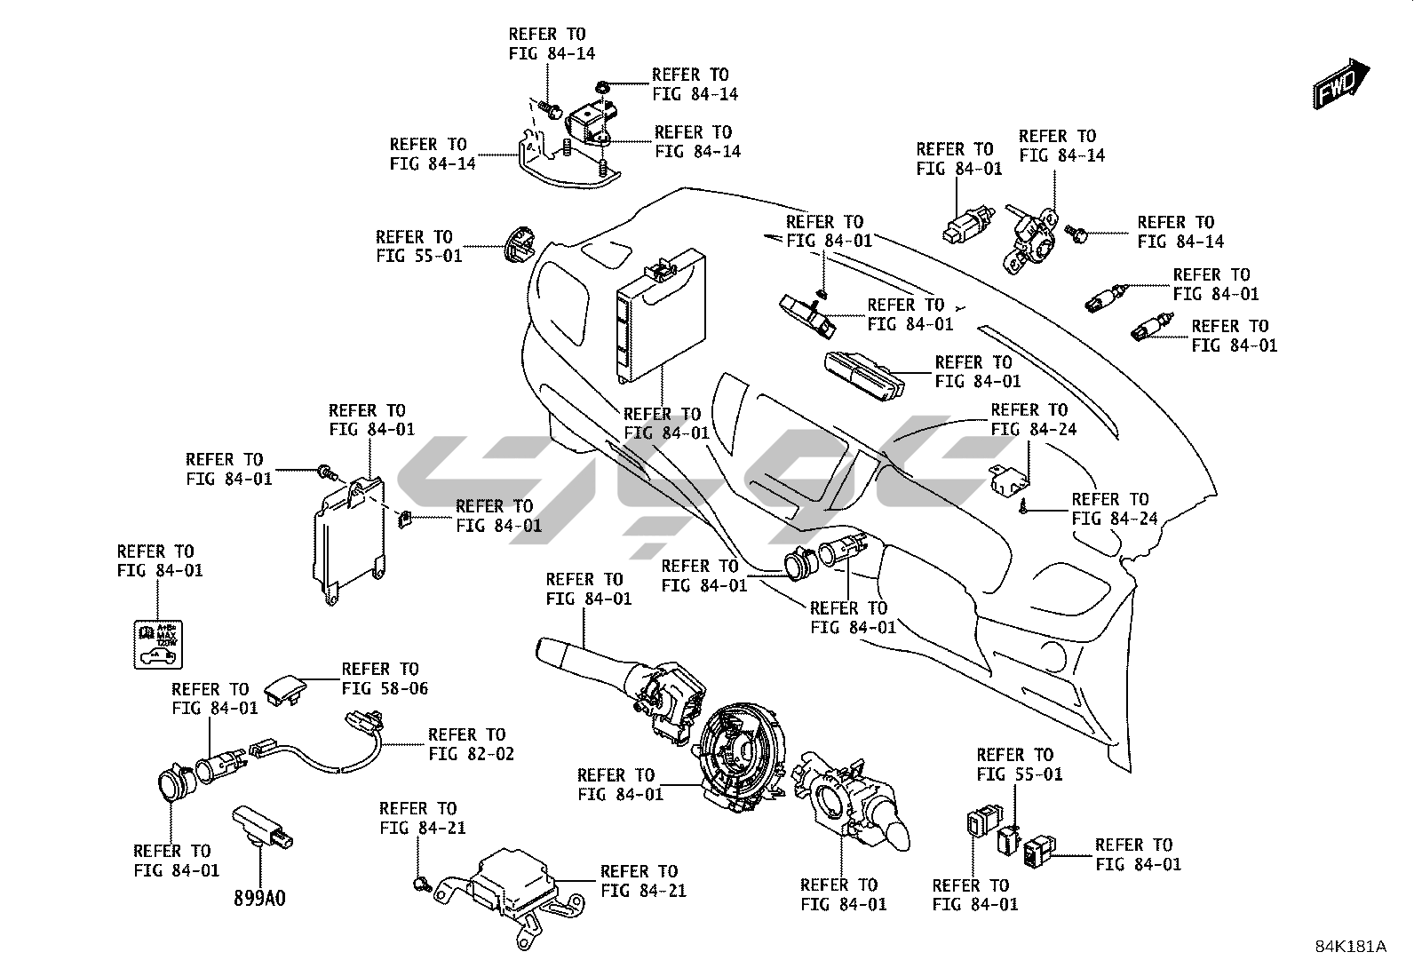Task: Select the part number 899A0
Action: [259, 897]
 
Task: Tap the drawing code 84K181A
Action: [1350, 947]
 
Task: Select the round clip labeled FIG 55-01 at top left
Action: [515, 243]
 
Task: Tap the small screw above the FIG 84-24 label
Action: [1024, 506]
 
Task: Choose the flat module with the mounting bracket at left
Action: [348, 538]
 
